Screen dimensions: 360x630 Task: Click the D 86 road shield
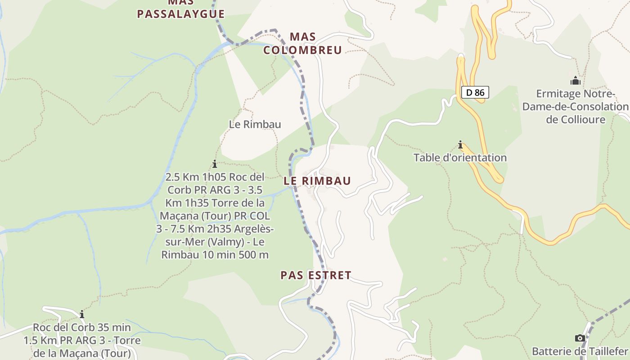point(475,93)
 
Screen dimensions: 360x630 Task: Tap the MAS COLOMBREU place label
point(302,43)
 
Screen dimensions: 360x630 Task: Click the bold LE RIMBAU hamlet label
point(317,181)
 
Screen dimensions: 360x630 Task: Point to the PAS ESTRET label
point(316,275)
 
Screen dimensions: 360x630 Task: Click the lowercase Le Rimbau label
point(255,125)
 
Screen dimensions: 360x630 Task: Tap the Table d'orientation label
point(460,158)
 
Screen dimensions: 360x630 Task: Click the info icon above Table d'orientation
point(460,145)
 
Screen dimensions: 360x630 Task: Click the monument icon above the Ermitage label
point(575,81)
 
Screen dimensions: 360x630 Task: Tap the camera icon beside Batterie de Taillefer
point(580,338)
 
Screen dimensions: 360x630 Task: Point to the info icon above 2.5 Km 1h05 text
point(215,164)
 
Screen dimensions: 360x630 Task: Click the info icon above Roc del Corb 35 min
point(82,314)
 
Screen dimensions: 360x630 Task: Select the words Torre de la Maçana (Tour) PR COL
point(215,216)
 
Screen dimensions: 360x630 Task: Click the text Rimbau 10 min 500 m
point(215,255)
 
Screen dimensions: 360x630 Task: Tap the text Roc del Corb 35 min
point(82,327)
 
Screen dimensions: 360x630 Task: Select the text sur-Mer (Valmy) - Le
point(215,242)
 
